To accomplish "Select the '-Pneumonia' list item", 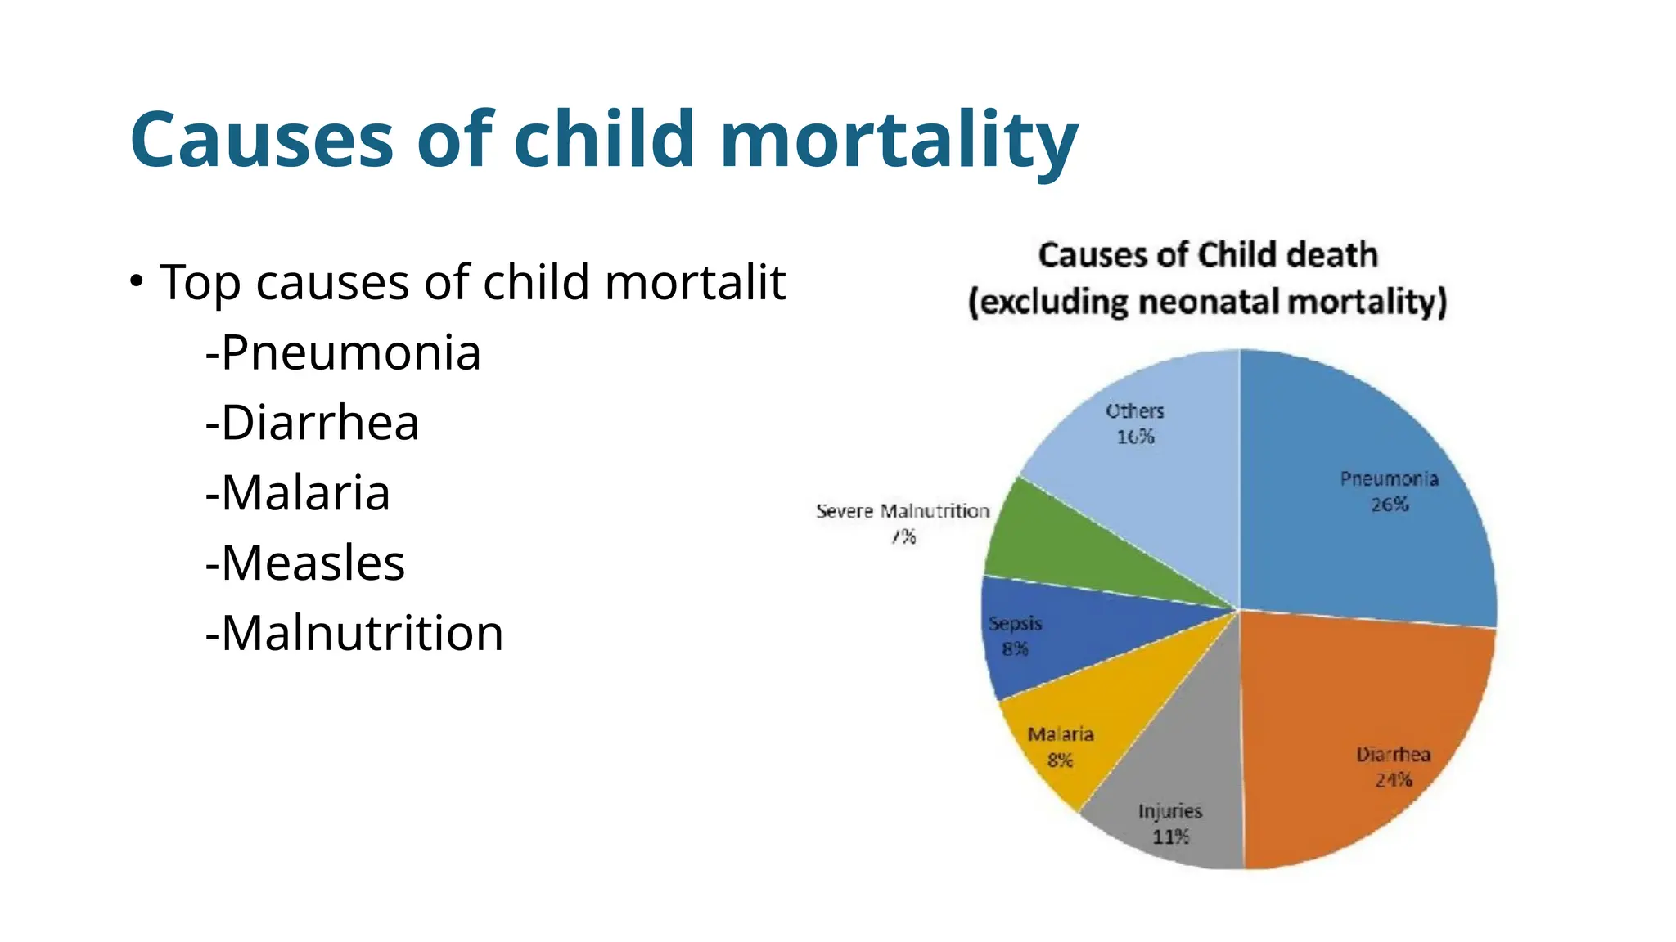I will (343, 352).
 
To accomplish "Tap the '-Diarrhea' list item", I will (313, 423).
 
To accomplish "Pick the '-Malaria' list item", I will (298, 493).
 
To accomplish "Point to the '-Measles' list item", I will (305, 563).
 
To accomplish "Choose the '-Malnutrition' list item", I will (354, 634).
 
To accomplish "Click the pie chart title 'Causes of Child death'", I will (1208, 255).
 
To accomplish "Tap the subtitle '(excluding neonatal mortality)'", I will (1208, 302).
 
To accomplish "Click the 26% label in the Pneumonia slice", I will (1390, 505).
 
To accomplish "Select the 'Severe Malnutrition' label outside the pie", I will (903, 511).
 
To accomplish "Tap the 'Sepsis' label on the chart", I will (1015, 623).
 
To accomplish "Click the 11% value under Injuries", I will (1170, 837).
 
